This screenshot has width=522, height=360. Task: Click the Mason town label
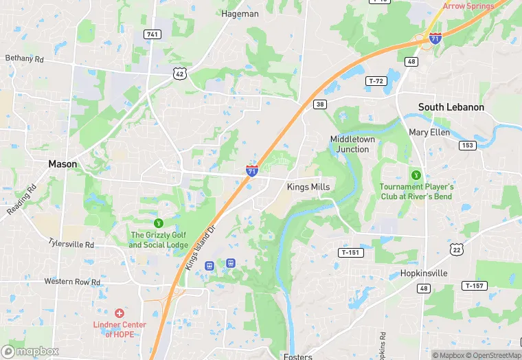63,164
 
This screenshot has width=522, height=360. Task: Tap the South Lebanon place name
451,107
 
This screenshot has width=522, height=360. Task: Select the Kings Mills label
308,187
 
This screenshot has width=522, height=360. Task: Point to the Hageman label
240,13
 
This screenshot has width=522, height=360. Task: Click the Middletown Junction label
354,144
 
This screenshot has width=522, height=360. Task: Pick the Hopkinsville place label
424,273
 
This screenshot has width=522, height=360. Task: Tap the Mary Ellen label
429,132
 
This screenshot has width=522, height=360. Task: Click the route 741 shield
152,34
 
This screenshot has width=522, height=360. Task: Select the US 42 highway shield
179,72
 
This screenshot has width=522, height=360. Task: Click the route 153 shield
468,145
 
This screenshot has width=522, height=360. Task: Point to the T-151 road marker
349,253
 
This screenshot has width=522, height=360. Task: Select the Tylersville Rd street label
71,244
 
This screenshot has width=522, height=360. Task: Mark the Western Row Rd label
72,282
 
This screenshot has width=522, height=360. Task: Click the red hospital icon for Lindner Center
119,313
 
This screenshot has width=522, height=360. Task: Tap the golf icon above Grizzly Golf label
159,223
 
